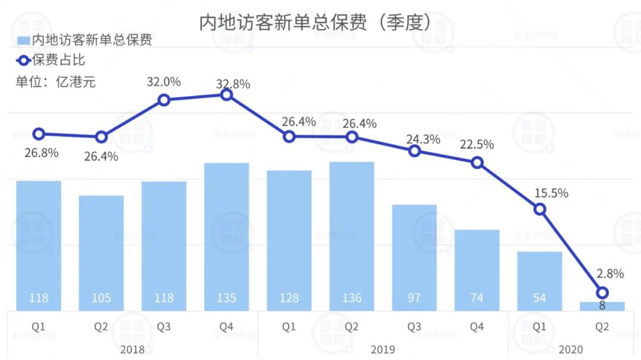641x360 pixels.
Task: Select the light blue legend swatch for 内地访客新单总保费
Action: pos(23,40)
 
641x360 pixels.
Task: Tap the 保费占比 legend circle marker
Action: pos(23,60)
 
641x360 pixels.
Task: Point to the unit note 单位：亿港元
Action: pos(55,81)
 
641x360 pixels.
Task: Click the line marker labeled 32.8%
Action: pos(226,94)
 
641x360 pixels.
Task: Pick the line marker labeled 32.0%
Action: pos(164,100)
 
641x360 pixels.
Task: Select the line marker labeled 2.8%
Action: pos(602,292)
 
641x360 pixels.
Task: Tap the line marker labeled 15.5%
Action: pos(540,209)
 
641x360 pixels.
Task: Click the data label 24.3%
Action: pos(423,140)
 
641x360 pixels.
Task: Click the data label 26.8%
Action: pos(42,152)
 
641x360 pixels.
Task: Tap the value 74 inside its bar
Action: pos(477,297)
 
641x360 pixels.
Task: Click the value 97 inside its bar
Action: pos(414,297)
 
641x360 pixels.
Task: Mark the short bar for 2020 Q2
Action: pos(602,305)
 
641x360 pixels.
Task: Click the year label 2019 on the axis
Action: pos(383,349)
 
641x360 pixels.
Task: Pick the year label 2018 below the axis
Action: pos(132,349)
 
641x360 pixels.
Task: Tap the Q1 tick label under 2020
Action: pos(540,327)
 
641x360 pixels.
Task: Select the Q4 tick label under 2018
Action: pos(226,327)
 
